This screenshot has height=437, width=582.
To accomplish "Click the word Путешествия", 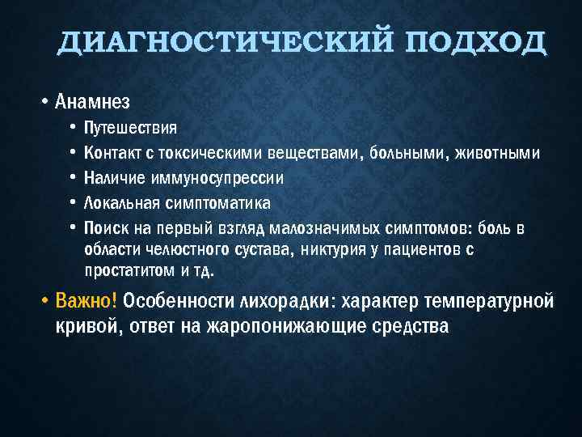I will tap(132, 129).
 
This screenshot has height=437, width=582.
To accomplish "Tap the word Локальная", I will tap(120, 202).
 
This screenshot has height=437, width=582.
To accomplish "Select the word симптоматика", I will tap(216, 202).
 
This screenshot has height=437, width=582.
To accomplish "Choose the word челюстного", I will tap(178, 249).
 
